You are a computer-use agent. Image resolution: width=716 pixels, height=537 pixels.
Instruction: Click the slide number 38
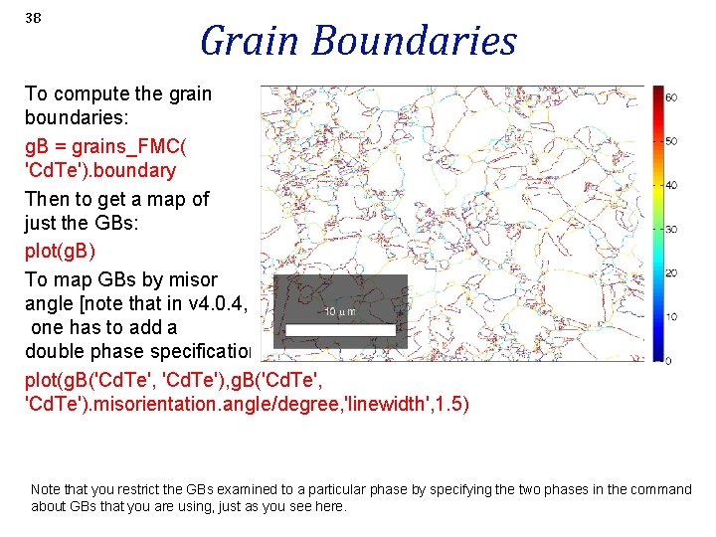pos(33,18)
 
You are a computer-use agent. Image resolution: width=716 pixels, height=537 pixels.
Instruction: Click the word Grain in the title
pos(250,42)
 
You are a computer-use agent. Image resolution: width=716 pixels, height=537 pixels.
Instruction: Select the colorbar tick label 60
pos(671,97)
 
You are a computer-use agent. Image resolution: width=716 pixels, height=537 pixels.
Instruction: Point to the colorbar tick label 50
pos(671,141)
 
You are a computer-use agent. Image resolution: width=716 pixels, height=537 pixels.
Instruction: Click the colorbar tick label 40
pos(671,185)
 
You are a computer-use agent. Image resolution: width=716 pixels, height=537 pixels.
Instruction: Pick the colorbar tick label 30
pos(671,229)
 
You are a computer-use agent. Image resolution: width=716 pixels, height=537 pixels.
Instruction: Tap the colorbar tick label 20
pos(671,272)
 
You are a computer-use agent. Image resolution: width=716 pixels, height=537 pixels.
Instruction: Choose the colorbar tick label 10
pos(671,316)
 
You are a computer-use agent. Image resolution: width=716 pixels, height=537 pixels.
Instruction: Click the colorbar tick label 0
pos(668,360)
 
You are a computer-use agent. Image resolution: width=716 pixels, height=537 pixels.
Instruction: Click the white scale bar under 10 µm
pos(340,329)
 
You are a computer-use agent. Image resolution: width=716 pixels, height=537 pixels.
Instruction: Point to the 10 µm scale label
pos(339,312)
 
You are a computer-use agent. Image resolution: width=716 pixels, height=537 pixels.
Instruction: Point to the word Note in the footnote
pos(47,489)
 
